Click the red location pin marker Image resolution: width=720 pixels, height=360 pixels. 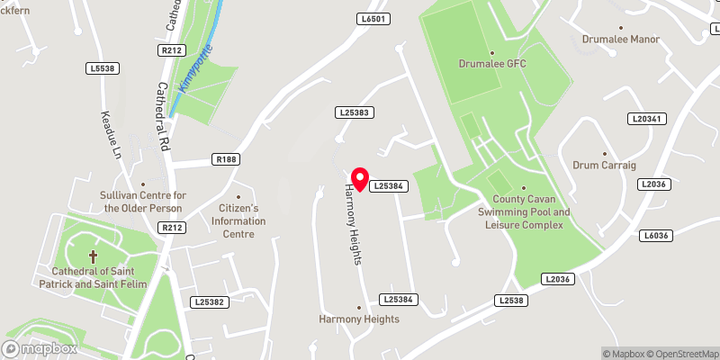(x=359, y=178)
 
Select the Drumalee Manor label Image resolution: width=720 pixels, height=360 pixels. (x=621, y=40)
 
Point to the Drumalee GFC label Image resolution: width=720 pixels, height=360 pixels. (x=491, y=64)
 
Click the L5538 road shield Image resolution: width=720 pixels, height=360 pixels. (x=103, y=67)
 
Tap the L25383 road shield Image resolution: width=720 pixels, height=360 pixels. (x=355, y=112)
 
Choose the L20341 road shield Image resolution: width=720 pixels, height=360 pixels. (x=647, y=119)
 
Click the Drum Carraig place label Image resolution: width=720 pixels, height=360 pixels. (x=603, y=166)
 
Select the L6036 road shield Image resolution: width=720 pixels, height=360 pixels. (x=657, y=236)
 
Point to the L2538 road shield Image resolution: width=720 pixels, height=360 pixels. (x=509, y=300)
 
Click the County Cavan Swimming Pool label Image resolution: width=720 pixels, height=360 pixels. (x=530, y=211)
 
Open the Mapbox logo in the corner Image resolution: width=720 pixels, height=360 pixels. (x=40, y=348)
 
